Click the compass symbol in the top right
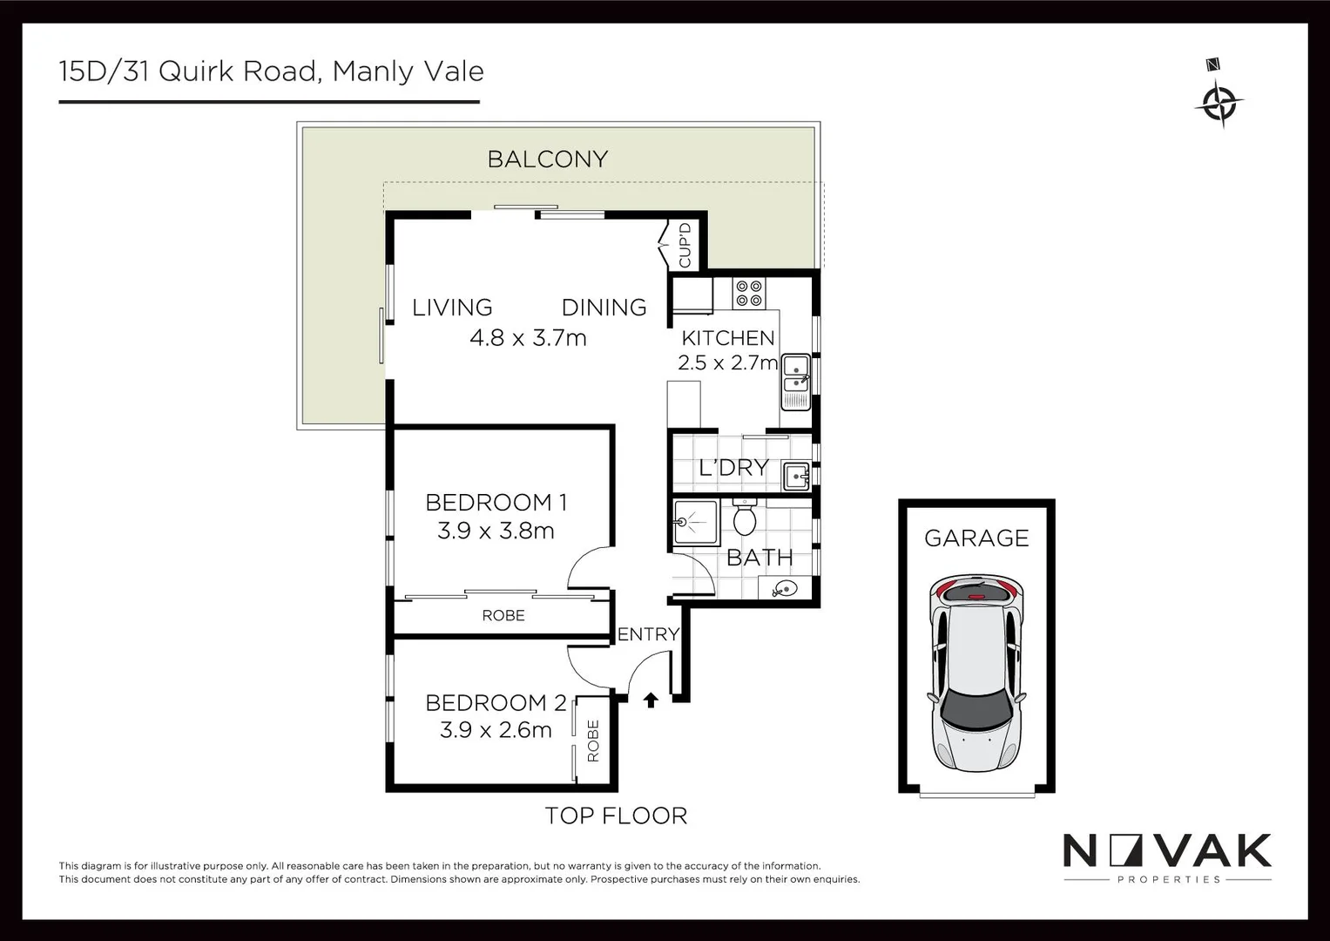pos(1219,103)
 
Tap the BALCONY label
pos(547,159)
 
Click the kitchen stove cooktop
pos(748,293)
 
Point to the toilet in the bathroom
pos(744,519)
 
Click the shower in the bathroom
pos(694,523)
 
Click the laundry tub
pos(795,477)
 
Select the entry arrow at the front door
pos(651,699)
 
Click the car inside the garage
pos(976,673)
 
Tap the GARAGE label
pos(976,538)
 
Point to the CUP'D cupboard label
pos(685,246)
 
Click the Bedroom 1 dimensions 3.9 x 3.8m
pos(496,531)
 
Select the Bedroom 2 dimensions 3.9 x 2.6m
pos(496,730)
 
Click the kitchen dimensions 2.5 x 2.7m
pos(727,362)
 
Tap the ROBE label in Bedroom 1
pos(503,616)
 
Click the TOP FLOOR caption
pos(616,816)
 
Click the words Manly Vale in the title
pos(408,71)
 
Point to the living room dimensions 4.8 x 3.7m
pos(528,338)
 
